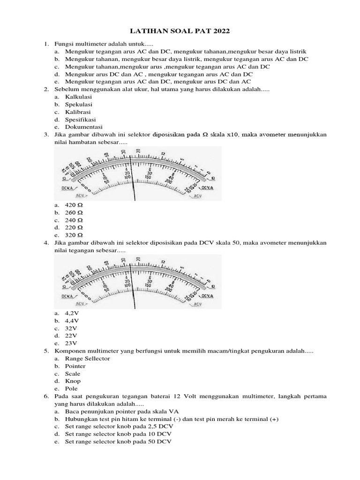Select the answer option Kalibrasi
click(x=78, y=112)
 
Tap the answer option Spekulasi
click(x=79, y=104)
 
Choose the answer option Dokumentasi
click(x=83, y=127)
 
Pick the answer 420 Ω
click(x=74, y=205)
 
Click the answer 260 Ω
click(x=74, y=212)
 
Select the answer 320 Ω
click(x=74, y=235)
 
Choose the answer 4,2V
click(x=74, y=313)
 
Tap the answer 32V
click(x=72, y=328)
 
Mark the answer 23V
click(x=72, y=343)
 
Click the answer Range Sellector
click(x=88, y=358)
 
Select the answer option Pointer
click(x=75, y=366)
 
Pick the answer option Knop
click(x=73, y=381)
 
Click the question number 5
click(x=46, y=351)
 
